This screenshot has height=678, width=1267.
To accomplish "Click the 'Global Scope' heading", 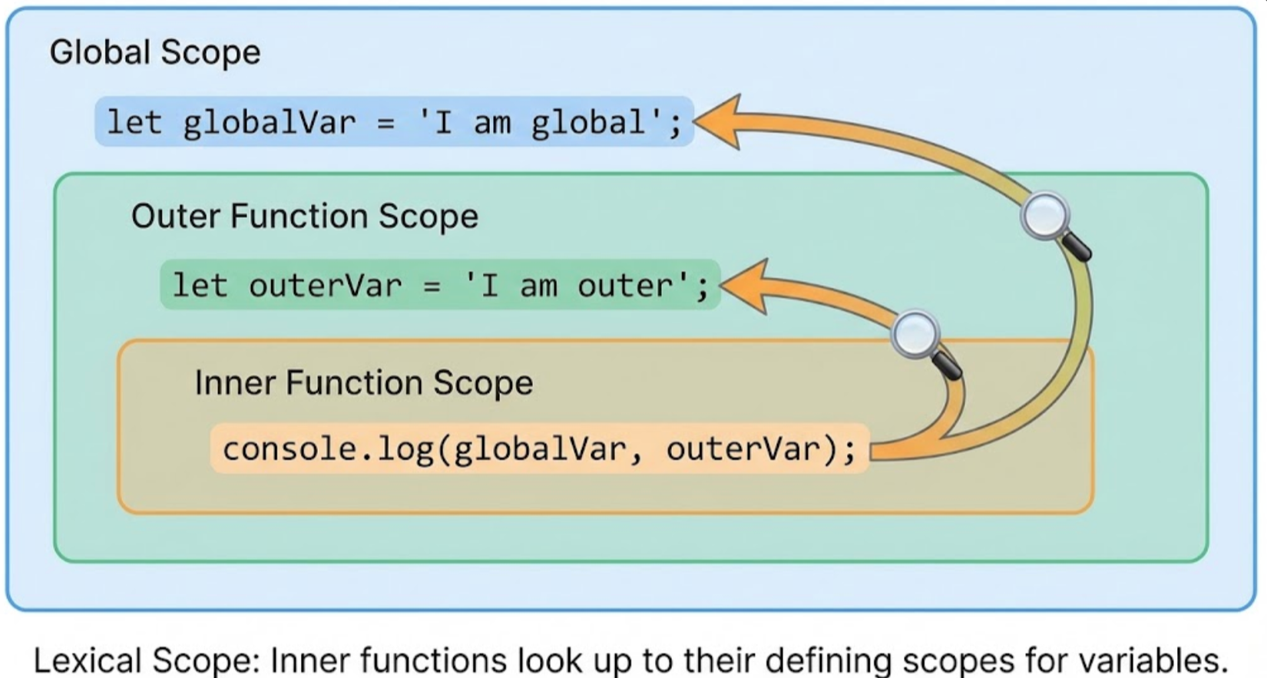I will (154, 52).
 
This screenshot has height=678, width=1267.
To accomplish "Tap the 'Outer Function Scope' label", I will (304, 216).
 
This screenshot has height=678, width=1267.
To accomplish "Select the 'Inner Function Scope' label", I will (363, 382).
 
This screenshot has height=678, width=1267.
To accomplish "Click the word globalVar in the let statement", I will (270, 123).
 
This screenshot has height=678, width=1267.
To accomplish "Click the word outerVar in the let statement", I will (326, 286).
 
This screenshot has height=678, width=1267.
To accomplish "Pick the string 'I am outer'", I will (577, 286).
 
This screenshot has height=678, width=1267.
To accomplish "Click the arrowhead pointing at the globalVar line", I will (719, 121).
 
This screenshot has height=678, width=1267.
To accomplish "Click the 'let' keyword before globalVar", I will (134, 123).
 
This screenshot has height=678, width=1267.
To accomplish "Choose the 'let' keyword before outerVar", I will (200, 286).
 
